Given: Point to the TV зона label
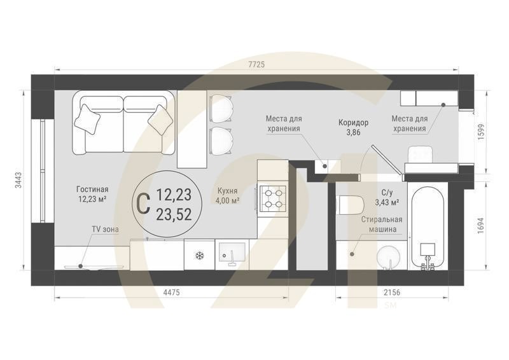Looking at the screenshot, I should coord(104,230).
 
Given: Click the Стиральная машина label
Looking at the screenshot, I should coord(382,223).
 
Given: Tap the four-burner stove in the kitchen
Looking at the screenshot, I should coord(274,197).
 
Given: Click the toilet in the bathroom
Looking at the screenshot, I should coord(351,204).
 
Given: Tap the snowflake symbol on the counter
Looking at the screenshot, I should coord(199,255).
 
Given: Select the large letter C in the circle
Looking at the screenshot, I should coord(143,203).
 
